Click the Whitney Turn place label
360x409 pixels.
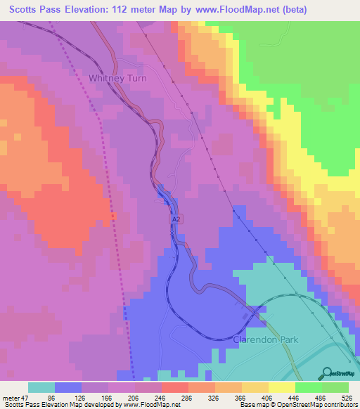(x=117, y=79)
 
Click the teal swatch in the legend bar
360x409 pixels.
(x=41, y=387)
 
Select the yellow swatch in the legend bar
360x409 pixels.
(x=281, y=387)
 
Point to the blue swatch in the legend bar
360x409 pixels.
(x=68, y=387)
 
